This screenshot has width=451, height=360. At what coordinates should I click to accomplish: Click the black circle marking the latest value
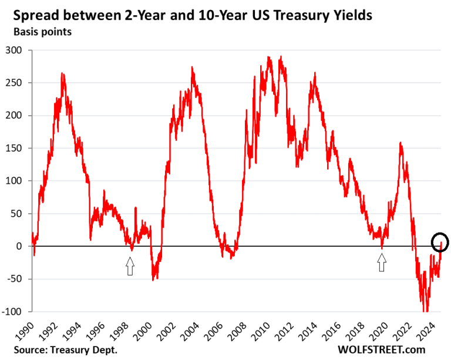(x=440, y=242)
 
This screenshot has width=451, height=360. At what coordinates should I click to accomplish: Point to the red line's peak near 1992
(x=62, y=74)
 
